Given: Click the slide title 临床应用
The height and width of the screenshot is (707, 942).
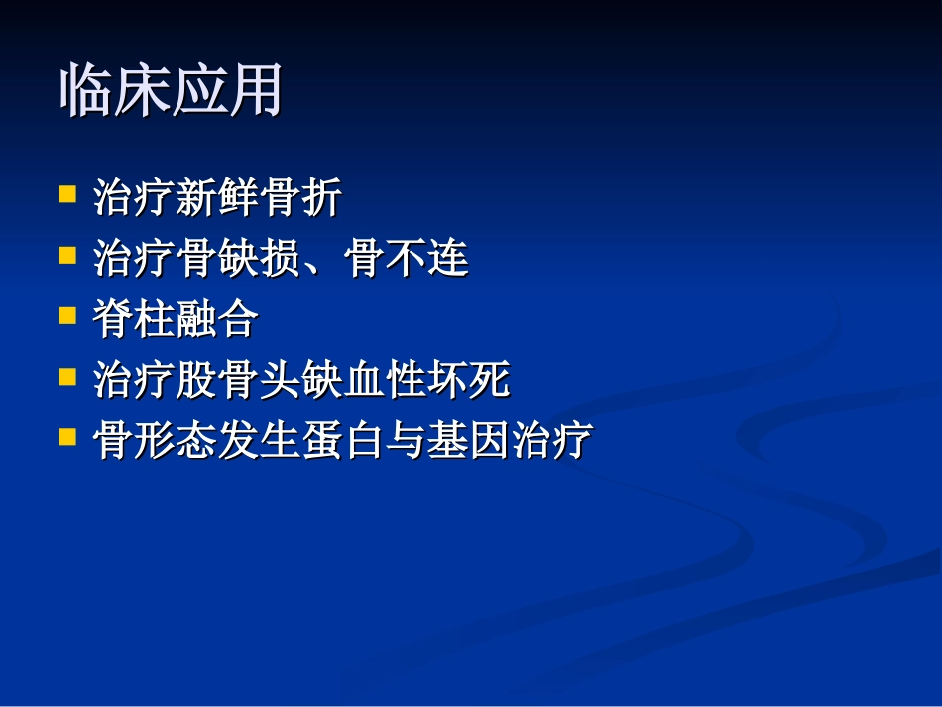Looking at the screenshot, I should click(x=172, y=93).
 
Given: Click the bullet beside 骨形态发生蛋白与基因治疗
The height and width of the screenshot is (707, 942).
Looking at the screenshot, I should click(x=67, y=436).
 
